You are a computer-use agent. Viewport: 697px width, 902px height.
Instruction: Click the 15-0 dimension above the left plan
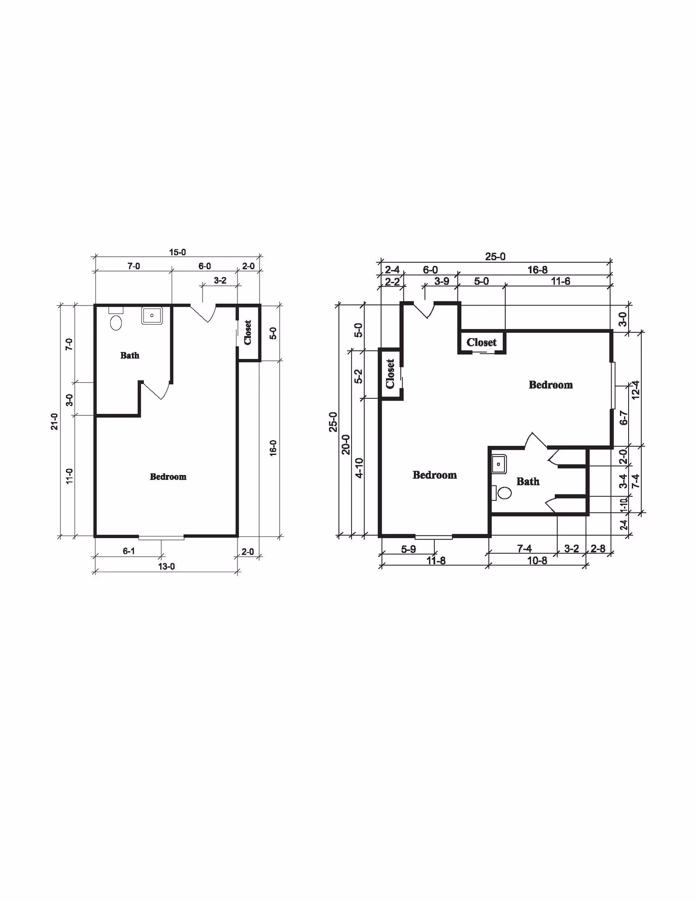coord(177,252)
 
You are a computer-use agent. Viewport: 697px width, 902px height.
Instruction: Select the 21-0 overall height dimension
coord(54,421)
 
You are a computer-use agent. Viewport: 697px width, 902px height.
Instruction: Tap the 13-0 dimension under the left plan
coord(166,566)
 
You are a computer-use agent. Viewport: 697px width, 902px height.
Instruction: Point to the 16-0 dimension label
coord(273,448)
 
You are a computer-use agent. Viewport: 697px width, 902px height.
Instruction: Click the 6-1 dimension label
coord(129,551)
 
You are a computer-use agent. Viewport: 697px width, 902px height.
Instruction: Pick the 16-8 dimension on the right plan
coord(537,270)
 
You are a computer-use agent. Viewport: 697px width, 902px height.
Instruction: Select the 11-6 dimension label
coord(560,281)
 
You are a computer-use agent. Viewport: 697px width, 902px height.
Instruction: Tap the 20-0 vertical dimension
coord(346,444)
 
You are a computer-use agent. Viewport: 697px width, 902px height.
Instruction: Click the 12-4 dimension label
coord(635,390)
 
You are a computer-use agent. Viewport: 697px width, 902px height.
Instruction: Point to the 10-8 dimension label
coord(537,561)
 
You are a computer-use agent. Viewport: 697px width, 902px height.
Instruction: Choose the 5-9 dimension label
coord(408,549)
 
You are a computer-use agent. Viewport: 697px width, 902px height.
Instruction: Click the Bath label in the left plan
coord(130,356)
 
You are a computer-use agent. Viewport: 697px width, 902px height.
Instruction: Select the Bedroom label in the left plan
coord(168,477)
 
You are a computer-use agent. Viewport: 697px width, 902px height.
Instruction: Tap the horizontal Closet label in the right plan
coord(481,342)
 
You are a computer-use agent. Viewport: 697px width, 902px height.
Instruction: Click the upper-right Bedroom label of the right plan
coord(551,385)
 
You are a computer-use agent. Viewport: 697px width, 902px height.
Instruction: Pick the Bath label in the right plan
coord(528,482)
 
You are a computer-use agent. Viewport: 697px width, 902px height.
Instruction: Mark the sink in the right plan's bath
coord(499,465)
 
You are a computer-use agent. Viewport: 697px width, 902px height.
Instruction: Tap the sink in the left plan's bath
coord(152,315)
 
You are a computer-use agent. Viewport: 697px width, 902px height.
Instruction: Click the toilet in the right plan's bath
coord(501,493)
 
